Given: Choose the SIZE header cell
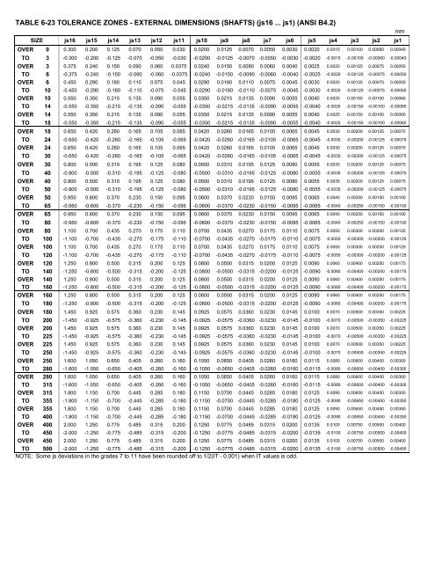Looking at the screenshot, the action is [x=30, y=39].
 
